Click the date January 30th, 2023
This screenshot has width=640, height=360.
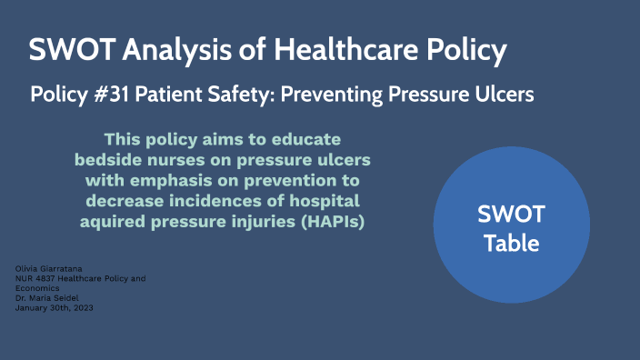coord(55,308)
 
